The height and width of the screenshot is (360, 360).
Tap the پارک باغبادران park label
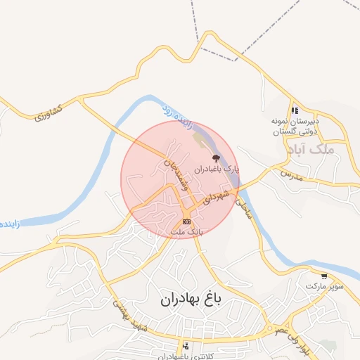217,169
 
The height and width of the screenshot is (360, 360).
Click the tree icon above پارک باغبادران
215,158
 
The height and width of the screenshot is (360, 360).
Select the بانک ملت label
187,231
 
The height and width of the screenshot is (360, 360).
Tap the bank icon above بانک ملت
186,221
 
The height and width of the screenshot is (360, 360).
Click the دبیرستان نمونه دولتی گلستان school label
295,127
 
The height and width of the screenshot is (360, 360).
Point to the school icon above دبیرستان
295,110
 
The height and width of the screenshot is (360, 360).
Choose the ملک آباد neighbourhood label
313,149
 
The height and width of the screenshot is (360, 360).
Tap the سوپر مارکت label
324,287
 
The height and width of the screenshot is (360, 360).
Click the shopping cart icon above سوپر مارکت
323,276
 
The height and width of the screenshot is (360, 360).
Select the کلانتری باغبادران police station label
186,356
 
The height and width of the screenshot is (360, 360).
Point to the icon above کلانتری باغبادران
186,345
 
